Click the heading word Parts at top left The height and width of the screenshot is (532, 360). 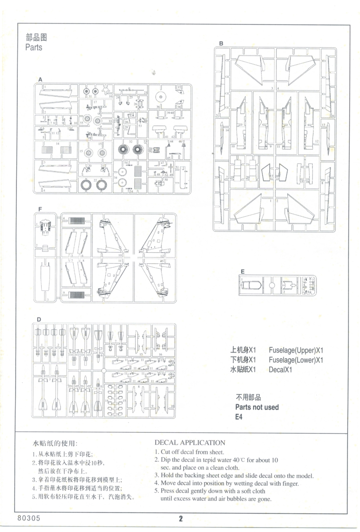coord(34,47)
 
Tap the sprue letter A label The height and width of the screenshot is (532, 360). coord(40,79)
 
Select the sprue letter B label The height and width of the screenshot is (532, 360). coord(221,43)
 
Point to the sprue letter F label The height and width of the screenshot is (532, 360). coord(40,209)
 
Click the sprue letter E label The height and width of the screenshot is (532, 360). coord(243,271)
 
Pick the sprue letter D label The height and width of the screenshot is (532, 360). coord(39,319)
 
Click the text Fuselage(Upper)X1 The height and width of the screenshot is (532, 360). coord(296,349)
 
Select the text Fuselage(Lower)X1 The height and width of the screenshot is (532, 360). coord(296,360)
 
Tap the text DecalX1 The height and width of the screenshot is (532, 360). coord(282,370)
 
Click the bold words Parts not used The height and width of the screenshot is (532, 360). coord(257,407)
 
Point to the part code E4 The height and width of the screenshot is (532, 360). coord(239,417)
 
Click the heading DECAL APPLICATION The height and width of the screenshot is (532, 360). coord(190,442)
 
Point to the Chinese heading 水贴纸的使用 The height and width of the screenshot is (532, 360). coord(55,443)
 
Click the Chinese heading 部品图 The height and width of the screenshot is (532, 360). coord(36,37)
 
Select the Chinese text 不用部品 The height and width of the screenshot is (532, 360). coord(248,397)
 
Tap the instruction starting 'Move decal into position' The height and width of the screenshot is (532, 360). coord(229,483)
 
